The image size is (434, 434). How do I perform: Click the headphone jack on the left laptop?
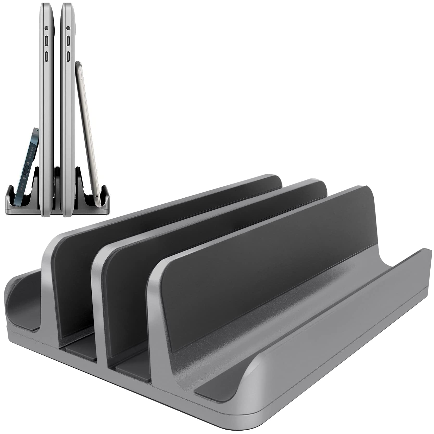pos(46,28)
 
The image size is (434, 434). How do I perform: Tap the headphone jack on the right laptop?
pos(68,28)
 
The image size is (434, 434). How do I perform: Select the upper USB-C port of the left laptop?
pos(46,41)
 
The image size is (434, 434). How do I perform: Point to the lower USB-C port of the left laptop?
pos(46,56)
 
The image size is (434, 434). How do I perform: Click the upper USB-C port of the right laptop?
pos(68,41)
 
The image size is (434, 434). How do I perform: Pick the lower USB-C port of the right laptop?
pos(68,56)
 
